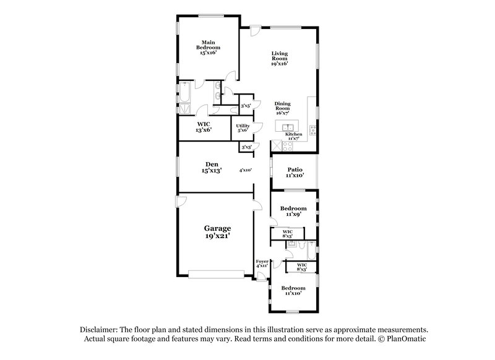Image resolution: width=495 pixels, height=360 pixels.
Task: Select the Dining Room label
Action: coord(282,108)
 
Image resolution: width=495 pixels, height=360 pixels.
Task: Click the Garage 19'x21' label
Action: coord(215,232)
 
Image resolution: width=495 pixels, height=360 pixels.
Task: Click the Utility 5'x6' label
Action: coord(242,128)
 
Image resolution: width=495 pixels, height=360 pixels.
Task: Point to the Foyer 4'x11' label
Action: coord(262,264)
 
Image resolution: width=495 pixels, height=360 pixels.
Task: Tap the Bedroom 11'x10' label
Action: coord(293,291)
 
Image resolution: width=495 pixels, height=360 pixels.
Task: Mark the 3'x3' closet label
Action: coord(246,147)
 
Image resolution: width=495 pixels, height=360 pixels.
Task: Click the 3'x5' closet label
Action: coord(246,106)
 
